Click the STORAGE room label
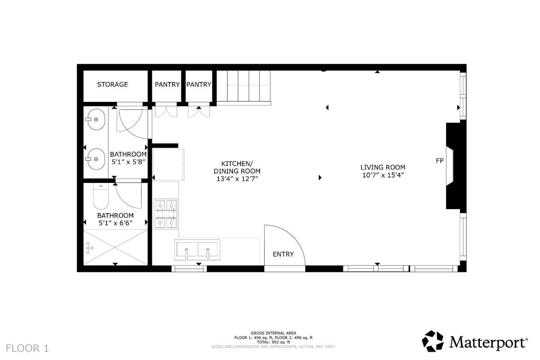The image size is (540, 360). [x=112, y=85]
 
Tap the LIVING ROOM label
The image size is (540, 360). [x=383, y=167]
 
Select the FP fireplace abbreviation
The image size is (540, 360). [x=440, y=161]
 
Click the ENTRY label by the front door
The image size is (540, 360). [x=283, y=254]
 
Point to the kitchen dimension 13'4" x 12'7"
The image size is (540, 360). [x=237, y=179]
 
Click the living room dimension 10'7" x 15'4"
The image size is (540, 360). [x=383, y=175]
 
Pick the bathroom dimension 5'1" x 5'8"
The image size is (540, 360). [x=128, y=162]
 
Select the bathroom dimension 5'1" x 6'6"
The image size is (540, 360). [x=115, y=223]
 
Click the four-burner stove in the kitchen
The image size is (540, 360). [x=166, y=214]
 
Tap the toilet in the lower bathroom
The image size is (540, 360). [x=101, y=196]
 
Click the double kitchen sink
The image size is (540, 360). [x=197, y=250]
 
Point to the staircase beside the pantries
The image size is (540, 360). [x=243, y=88]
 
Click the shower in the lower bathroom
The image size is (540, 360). [x=115, y=247]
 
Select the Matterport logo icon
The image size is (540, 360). [x=432, y=341]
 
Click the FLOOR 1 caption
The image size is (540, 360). [x=27, y=348]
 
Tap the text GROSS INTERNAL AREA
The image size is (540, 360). [x=273, y=333]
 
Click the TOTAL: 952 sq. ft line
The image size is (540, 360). [x=273, y=342]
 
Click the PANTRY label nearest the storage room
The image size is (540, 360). [x=167, y=85]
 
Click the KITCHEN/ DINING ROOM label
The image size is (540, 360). [x=237, y=167]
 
